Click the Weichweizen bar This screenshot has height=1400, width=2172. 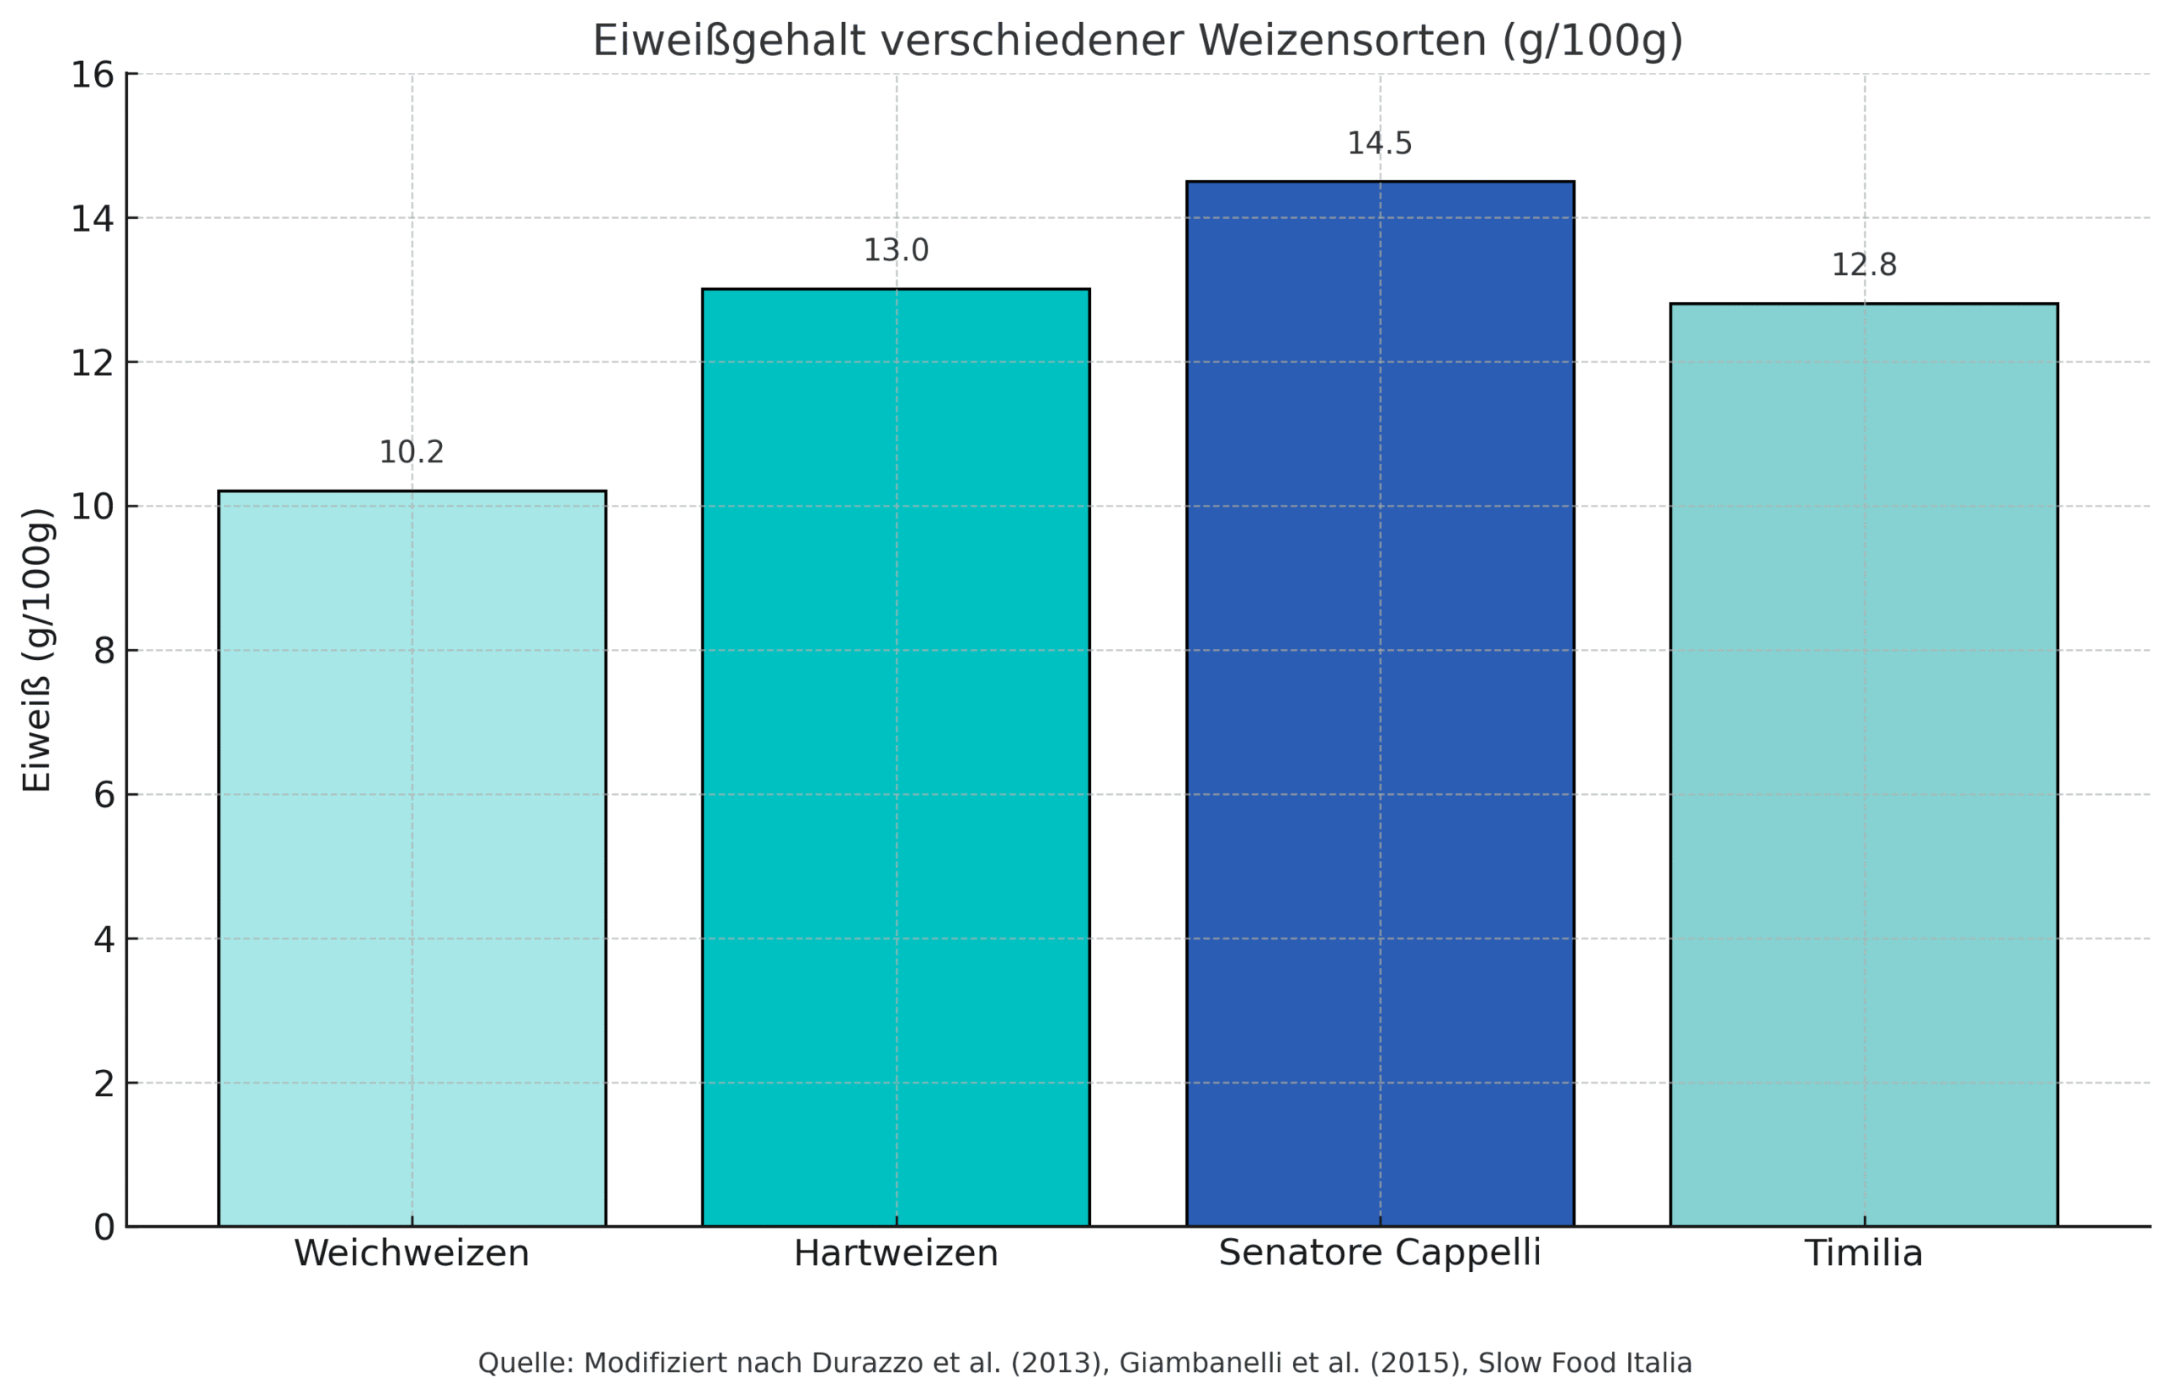pyautogui.click(x=411, y=858)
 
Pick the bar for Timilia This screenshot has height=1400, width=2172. pyautogui.click(x=1863, y=764)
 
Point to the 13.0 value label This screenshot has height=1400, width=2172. pyautogui.click(x=895, y=250)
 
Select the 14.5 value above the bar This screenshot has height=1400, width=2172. pyautogui.click(x=1379, y=143)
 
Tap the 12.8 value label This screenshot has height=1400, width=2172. pyautogui.click(x=1863, y=266)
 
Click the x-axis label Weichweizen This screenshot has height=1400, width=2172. pyautogui.click(x=411, y=1254)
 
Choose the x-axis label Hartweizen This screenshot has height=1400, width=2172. pyautogui.click(x=895, y=1254)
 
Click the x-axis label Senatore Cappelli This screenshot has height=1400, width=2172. pyautogui.click(x=1380, y=1252)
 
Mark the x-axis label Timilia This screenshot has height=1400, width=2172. pyautogui.click(x=1863, y=1254)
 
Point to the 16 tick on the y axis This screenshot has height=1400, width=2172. pyautogui.click(x=92, y=76)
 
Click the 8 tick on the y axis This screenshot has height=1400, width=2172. pyautogui.click(x=104, y=651)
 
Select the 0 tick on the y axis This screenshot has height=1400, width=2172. pyautogui.click(x=104, y=1227)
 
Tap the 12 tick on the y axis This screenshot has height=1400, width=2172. pyautogui.click(x=92, y=364)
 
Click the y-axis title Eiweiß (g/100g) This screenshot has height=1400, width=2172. pyautogui.click(x=37, y=650)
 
